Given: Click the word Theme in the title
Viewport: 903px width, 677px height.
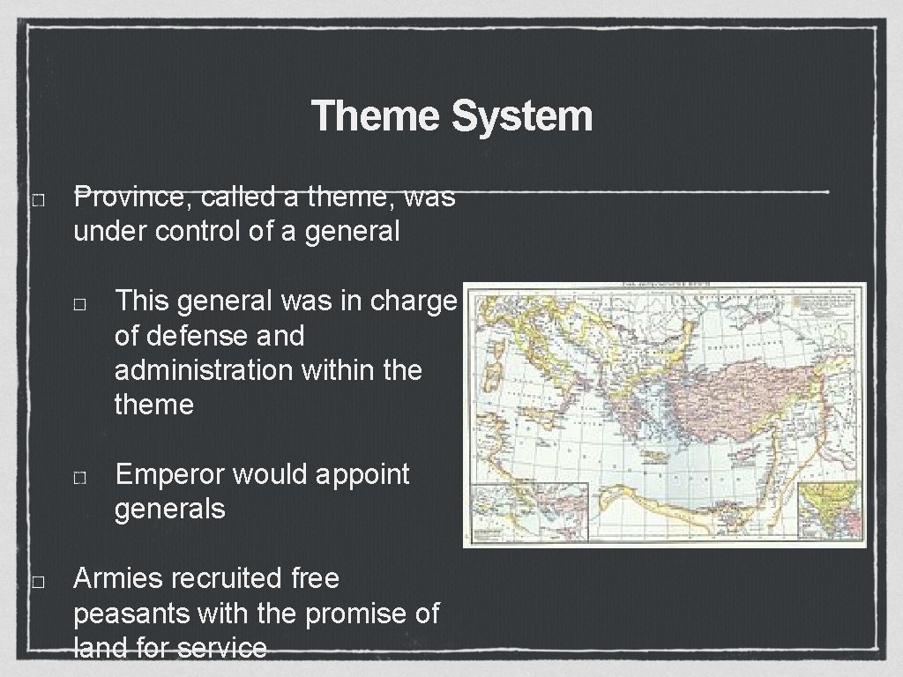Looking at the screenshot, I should click(x=376, y=116).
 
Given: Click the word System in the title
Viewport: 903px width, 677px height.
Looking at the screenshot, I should click(x=522, y=116).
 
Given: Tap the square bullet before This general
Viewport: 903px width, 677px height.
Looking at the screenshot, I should click(x=79, y=304).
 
